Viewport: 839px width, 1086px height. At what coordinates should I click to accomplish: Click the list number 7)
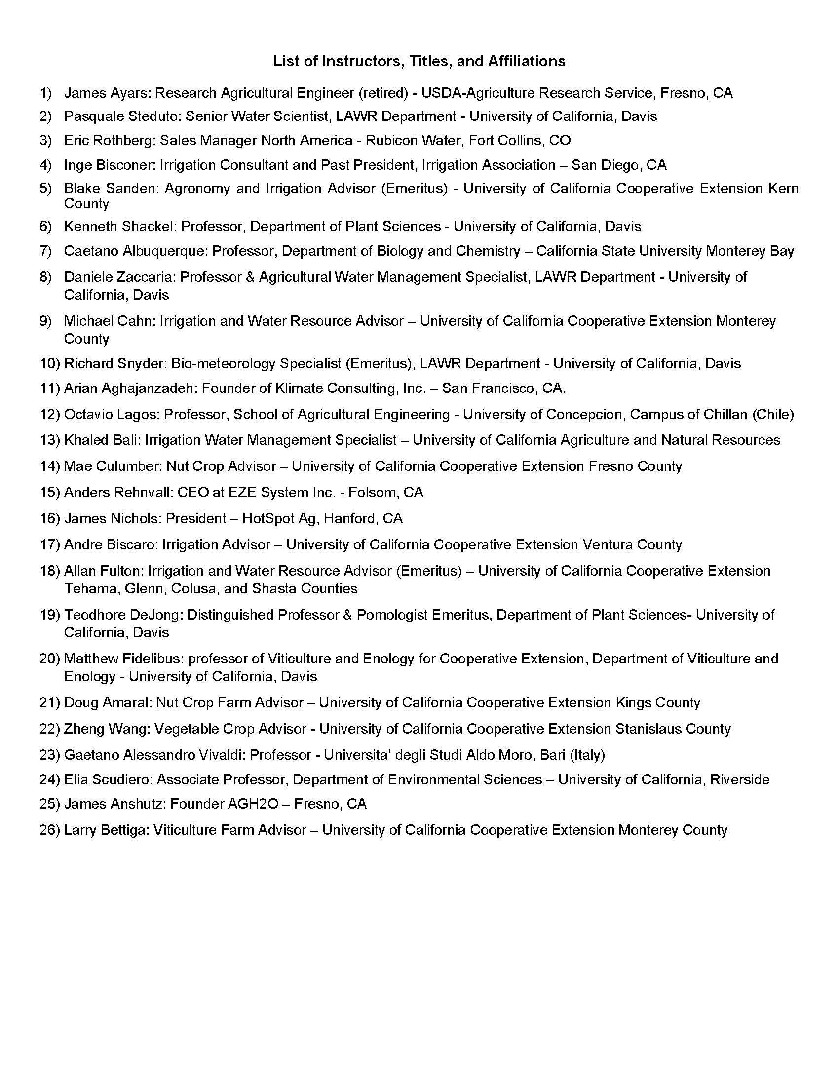tap(46, 251)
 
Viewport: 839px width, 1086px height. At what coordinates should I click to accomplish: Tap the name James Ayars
tap(109, 93)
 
